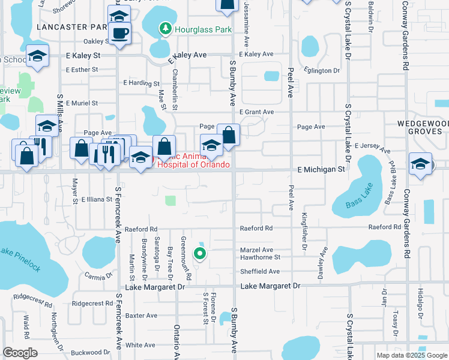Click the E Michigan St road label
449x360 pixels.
pos(322,170)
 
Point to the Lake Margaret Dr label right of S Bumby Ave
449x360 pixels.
pos(270,287)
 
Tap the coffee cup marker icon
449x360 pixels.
pos(119,33)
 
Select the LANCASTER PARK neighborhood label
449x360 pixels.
pos(71,27)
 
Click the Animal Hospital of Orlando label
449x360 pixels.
pos(193,161)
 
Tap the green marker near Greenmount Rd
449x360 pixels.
pos(200,254)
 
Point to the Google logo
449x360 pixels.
pos(20,353)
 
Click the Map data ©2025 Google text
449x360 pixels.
pos(412,355)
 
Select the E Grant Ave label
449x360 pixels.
pos(256,112)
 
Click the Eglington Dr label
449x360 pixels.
pos(322,71)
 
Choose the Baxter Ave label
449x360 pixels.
pos(141,315)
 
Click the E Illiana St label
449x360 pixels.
pos(97,199)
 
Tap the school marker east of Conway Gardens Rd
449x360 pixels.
pos(420,164)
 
